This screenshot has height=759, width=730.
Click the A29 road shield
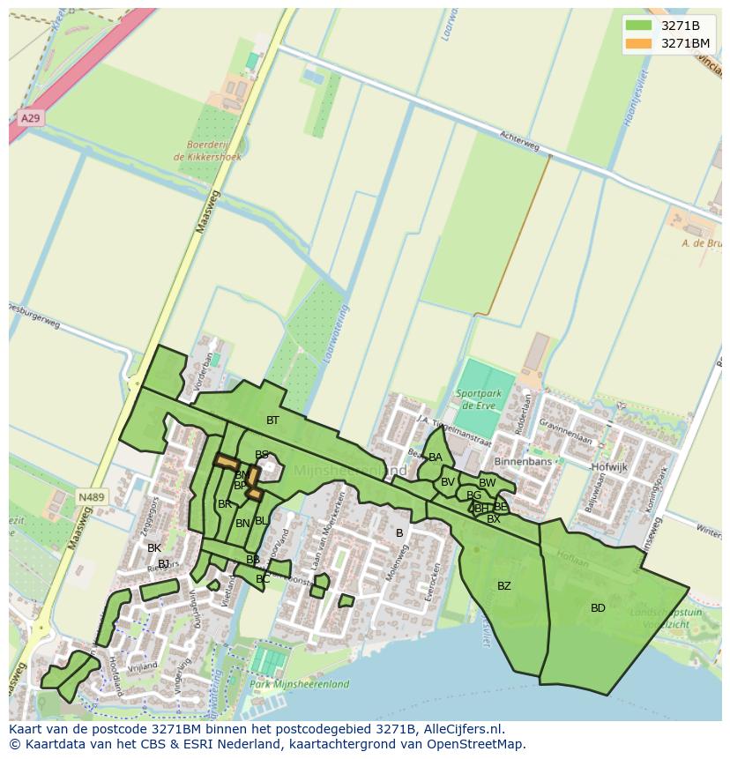[x=29, y=117]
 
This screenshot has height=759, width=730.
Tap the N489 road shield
[x=91, y=497]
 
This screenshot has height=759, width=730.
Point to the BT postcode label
[x=272, y=420]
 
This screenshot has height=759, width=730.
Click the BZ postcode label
[x=504, y=586]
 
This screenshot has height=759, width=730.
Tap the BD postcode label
[x=598, y=608]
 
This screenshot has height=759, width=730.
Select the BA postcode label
[x=436, y=458]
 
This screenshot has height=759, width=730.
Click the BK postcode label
[x=154, y=548]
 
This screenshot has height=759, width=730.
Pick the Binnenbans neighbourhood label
[x=523, y=462]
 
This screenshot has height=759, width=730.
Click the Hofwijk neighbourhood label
[x=609, y=467]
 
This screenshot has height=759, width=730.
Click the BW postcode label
[x=488, y=483]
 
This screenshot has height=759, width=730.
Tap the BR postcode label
[x=225, y=504]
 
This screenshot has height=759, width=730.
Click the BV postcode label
[x=448, y=482]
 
